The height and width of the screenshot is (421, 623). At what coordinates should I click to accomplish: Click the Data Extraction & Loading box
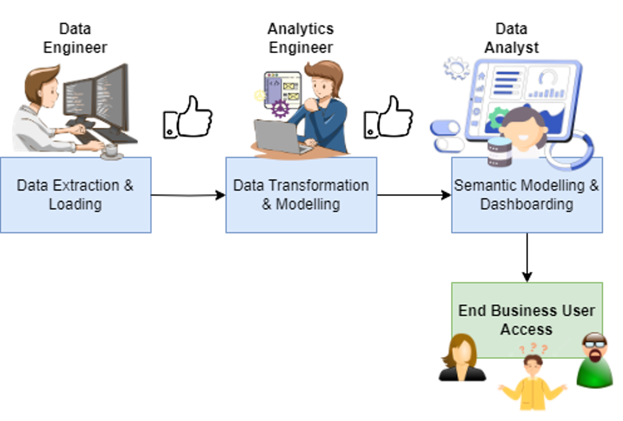pyautogui.click(x=76, y=216)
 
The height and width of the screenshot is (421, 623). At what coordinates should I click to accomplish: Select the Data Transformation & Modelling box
pyautogui.click(x=301, y=218)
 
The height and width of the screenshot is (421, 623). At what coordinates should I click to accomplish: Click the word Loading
pyautogui.click(x=75, y=204)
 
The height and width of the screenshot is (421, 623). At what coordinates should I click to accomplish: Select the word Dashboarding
pyautogui.click(x=527, y=204)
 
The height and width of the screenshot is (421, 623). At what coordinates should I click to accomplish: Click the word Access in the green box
pyautogui.click(x=527, y=329)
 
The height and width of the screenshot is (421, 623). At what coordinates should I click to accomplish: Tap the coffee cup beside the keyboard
pyautogui.click(x=111, y=150)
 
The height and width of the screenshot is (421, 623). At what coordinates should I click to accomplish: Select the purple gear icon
pyautogui.click(x=280, y=109)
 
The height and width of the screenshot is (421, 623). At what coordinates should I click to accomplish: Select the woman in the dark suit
pyautogui.click(x=462, y=359)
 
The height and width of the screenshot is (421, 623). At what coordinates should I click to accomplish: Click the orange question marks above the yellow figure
pyautogui.click(x=533, y=348)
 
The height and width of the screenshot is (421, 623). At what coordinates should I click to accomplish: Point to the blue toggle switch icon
pyautogui.click(x=446, y=128)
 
